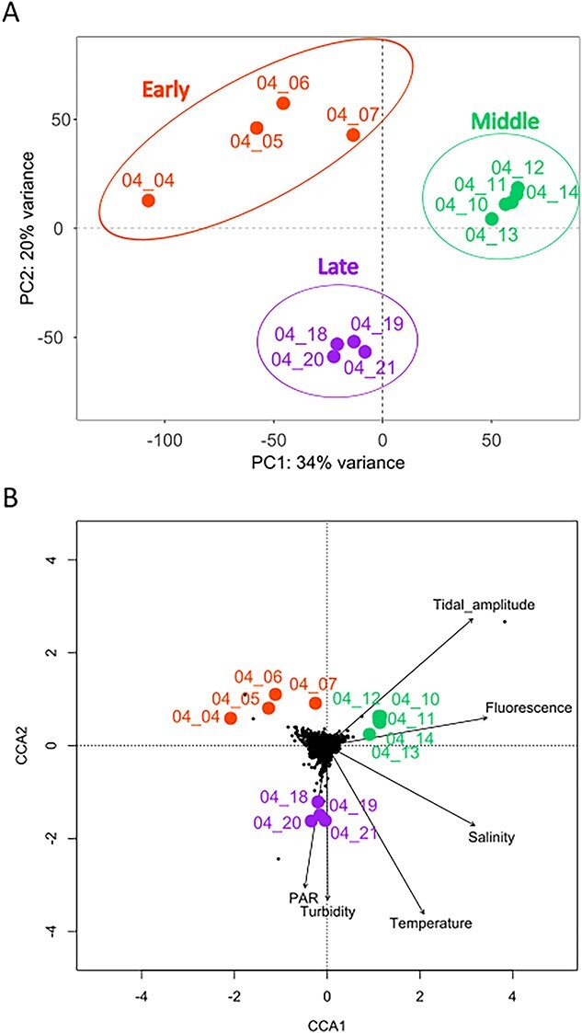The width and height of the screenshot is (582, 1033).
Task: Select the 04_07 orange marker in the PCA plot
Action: tap(353, 135)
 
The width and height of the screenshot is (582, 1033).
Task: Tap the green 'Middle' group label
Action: tap(505, 121)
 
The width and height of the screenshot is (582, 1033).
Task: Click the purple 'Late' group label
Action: tap(338, 267)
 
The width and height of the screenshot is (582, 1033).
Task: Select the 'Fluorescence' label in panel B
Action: tap(529, 707)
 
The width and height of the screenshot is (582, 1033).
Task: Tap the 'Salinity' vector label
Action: tap(491, 837)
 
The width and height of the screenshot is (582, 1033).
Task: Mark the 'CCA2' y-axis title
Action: tap(40, 747)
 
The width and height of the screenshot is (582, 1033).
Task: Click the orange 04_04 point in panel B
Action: tap(231, 718)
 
